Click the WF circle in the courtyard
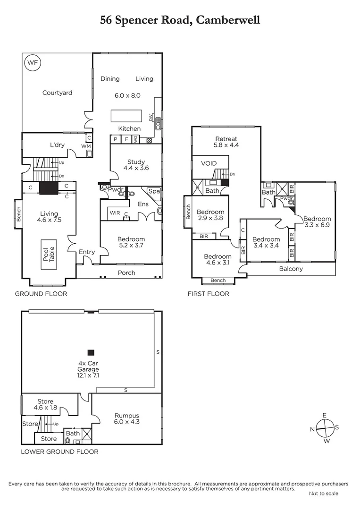click(33, 62)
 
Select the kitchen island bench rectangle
click(126, 116)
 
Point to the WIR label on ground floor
click(115, 213)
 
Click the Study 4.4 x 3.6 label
click(135, 165)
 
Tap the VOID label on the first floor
click(209, 163)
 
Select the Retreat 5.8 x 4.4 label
click(226, 142)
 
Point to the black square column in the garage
click(91, 352)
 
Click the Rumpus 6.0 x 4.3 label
click(127, 418)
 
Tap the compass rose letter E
click(324, 415)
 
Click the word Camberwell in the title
click(228, 20)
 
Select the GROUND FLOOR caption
click(41, 294)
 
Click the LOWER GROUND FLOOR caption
click(59, 451)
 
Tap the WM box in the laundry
click(86, 146)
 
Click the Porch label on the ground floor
click(126, 272)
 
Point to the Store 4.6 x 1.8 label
click(45, 404)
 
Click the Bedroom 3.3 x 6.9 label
click(317, 222)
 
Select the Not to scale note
click(324, 493)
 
